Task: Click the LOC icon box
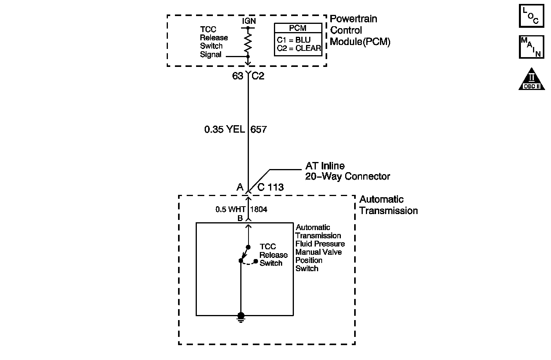531,16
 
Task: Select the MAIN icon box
531,47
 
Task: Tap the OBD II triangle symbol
531,80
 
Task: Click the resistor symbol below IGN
248,42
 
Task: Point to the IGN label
248,21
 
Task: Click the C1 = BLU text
294,40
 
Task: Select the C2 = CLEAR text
299,49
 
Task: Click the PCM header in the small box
298,28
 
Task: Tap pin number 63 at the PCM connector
238,76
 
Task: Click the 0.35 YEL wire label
224,129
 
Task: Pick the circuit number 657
259,129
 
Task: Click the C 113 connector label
270,187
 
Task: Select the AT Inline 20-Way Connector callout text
348,171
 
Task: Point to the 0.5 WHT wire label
230,209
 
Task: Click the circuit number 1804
258,209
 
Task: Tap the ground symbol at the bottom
241,318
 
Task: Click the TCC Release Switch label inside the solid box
273,255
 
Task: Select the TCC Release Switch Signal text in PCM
214,42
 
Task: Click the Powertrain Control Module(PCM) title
360,30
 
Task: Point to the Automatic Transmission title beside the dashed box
388,205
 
